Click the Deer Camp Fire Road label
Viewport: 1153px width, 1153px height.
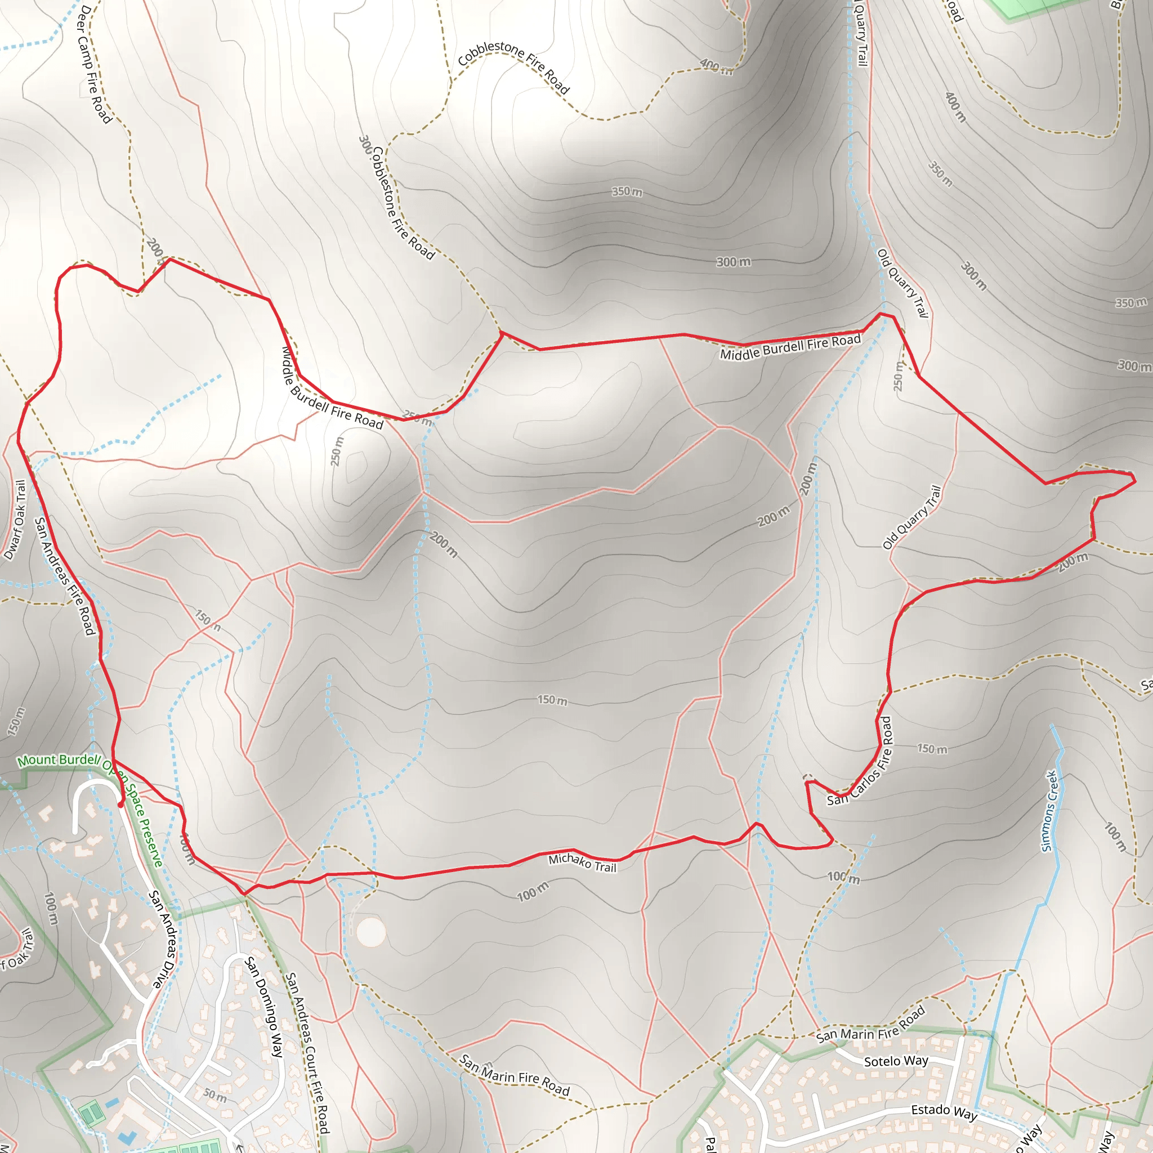click(94, 64)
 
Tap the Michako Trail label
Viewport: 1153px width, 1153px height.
click(582, 862)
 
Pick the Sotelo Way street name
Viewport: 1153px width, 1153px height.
click(896, 1061)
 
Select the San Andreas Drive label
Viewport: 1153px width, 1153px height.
click(163, 939)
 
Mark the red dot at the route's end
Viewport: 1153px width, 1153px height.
click(120, 805)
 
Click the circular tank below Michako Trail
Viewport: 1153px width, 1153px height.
click(370, 932)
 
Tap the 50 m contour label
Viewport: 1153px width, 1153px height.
click(215, 1096)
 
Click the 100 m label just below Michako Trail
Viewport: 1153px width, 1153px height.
click(533, 892)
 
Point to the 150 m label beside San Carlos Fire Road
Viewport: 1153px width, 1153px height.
click(932, 749)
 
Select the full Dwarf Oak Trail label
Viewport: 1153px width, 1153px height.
click(16, 520)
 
